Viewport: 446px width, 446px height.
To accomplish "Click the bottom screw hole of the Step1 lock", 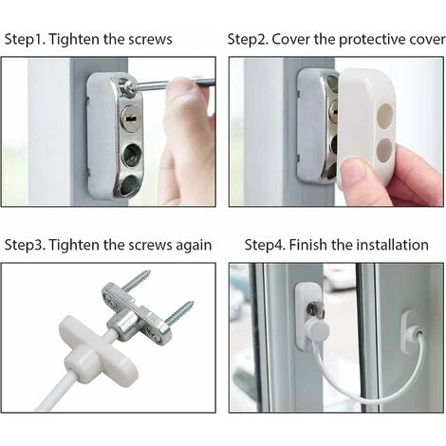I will coord(129,178).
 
